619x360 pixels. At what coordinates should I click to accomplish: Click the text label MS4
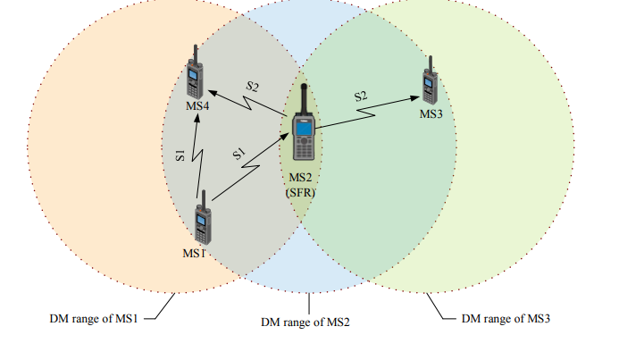(197, 107)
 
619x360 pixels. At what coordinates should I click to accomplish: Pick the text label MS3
(431, 113)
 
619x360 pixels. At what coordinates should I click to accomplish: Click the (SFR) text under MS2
(301, 192)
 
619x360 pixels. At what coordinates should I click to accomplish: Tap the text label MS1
(195, 253)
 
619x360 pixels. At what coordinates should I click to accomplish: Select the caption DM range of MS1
(94, 318)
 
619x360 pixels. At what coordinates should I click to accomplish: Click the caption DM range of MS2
(305, 322)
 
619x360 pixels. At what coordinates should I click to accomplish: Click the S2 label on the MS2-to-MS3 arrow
(361, 96)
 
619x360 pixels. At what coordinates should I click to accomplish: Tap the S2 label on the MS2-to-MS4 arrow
(252, 87)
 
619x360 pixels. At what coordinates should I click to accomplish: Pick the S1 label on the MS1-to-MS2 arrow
(238, 155)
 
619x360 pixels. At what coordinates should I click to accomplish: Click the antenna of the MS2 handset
(304, 98)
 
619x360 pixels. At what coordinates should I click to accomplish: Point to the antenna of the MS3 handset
(431, 65)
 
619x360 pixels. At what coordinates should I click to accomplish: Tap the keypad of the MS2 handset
(304, 148)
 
